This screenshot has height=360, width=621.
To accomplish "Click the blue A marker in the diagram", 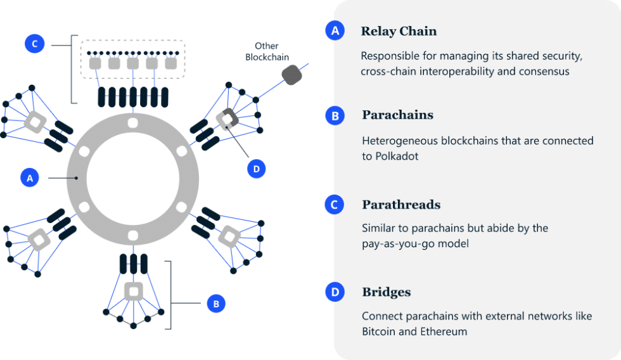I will [x=30, y=178].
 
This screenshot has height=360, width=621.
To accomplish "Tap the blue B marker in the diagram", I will [x=216, y=304].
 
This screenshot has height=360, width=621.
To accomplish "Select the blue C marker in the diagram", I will [x=35, y=44].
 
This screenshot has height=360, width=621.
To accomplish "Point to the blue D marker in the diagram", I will [x=256, y=169].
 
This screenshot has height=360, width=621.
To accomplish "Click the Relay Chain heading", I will [x=398, y=31].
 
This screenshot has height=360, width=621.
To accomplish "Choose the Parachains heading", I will [x=397, y=115].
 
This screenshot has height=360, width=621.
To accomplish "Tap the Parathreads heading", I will [x=400, y=205].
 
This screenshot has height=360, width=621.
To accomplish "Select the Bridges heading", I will [x=386, y=292].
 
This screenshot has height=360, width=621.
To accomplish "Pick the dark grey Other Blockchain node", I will [x=292, y=75].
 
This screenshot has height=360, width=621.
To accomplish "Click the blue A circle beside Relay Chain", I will [x=334, y=30].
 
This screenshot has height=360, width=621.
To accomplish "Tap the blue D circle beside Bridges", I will [x=334, y=292].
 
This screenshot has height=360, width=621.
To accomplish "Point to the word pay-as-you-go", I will [x=396, y=243].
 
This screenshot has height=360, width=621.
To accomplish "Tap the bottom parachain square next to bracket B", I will [x=134, y=292].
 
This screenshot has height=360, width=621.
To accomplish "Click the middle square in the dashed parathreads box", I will [x=133, y=64].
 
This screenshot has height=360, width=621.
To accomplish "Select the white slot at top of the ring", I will [x=132, y=122].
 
